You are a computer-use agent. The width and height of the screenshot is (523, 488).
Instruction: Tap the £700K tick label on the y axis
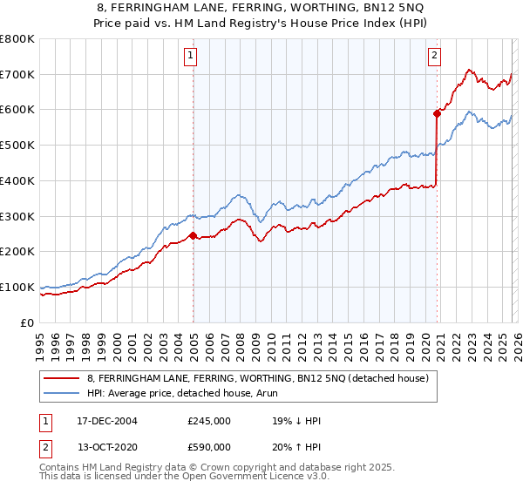tap(17, 75)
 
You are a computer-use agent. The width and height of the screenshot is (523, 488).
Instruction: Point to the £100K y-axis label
tap(17, 287)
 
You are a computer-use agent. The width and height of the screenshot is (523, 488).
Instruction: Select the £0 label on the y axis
tap(27, 322)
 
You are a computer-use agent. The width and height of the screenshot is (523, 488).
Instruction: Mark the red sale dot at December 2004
tap(193, 235)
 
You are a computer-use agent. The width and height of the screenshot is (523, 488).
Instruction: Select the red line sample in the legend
tap(63, 379)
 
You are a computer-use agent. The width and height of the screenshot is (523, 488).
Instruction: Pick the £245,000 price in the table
tap(209, 421)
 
